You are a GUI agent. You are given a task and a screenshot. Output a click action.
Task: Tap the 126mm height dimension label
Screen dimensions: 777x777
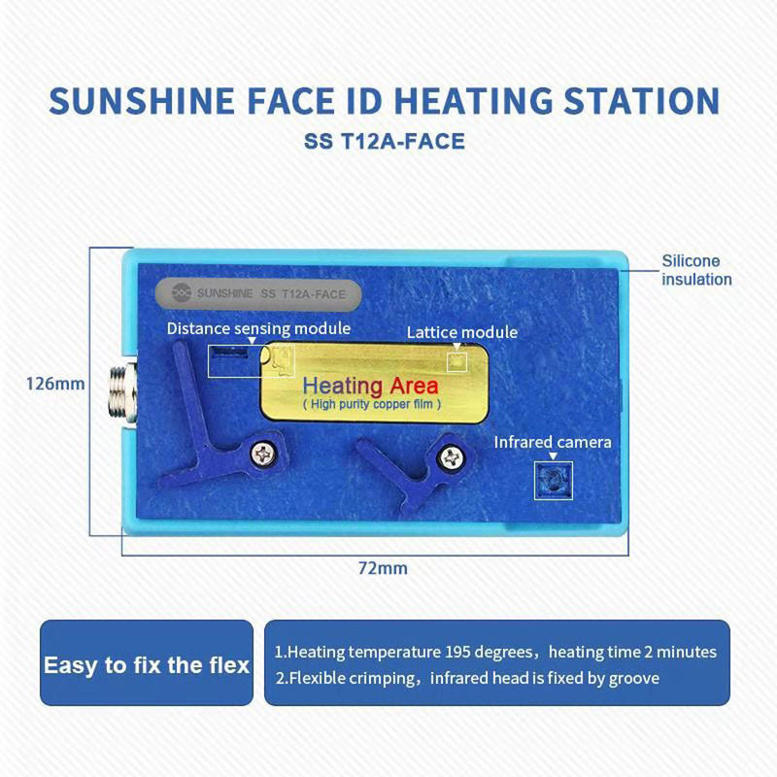pos(54,384)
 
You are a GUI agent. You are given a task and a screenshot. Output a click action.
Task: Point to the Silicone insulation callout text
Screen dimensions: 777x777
pos(696,270)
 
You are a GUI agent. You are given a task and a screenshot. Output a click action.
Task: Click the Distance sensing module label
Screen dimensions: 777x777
pos(258,328)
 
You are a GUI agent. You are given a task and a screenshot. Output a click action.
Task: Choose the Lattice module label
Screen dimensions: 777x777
pos(461,332)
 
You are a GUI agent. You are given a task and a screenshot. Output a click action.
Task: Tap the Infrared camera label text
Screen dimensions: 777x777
pos(553,443)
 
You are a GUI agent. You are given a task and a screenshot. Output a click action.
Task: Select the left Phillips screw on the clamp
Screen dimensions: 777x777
pos(263,452)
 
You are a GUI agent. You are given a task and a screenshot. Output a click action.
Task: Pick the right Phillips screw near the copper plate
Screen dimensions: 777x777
pos(450,456)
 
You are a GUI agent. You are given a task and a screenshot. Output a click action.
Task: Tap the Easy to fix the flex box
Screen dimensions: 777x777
pos(147,665)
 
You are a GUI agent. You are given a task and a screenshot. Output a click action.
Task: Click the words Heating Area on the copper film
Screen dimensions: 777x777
pos(371,386)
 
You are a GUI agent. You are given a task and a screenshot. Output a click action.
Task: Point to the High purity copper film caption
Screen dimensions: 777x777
pos(372,403)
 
